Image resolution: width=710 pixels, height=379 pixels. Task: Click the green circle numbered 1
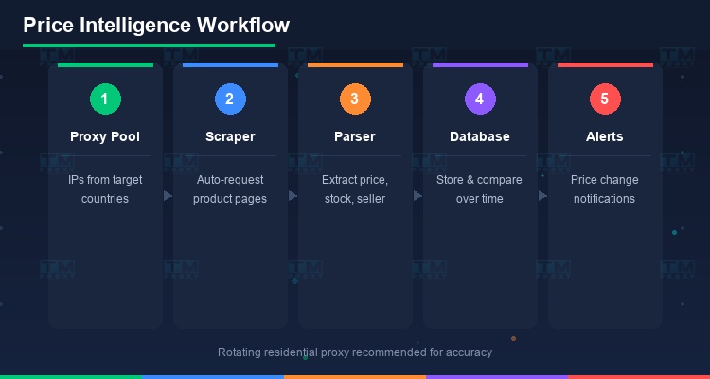click(x=105, y=98)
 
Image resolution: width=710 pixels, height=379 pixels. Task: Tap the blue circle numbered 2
click(x=230, y=98)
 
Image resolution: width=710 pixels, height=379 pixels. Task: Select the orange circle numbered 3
click(x=355, y=98)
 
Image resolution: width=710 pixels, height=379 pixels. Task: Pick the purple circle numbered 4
click(x=480, y=98)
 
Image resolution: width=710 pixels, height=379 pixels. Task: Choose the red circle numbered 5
click(x=605, y=98)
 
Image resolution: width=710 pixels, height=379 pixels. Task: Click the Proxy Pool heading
click(x=105, y=136)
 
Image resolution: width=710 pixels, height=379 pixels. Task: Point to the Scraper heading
click(x=230, y=136)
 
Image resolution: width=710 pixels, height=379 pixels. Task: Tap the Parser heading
click(x=355, y=136)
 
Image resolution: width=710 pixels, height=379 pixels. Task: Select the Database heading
click(x=480, y=136)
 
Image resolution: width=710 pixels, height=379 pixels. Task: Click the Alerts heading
click(x=605, y=136)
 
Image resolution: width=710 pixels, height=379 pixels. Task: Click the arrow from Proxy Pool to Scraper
click(x=168, y=196)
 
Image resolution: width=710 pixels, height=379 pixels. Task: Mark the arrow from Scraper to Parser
click(x=293, y=196)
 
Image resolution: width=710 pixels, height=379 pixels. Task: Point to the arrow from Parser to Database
click(x=417, y=196)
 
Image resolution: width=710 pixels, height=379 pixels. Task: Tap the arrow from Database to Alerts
click(x=542, y=196)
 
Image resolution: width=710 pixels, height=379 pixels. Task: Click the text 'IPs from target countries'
click(x=105, y=189)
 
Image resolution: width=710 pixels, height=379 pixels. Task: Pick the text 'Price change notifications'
click(x=605, y=189)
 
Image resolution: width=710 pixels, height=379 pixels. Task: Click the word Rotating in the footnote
click(x=242, y=352)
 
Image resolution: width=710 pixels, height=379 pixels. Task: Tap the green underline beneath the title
click(x=149, y=45)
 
